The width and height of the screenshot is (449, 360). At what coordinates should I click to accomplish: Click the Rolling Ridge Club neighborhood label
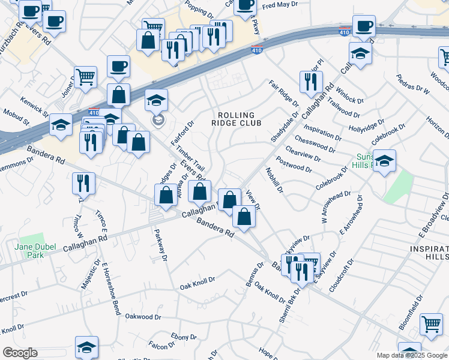(236, 119)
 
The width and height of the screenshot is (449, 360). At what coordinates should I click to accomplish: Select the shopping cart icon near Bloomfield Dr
(431, 325)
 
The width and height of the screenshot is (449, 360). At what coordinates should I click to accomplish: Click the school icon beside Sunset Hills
(384, 161)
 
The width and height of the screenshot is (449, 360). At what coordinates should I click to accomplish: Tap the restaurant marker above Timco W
(84, 182)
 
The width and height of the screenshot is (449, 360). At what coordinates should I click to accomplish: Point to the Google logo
(19, 353)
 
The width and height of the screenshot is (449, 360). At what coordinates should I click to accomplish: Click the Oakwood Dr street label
(143, 316)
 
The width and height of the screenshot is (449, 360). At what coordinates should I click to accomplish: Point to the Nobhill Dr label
(274, 180)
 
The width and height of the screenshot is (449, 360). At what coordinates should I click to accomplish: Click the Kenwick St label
(34, 105)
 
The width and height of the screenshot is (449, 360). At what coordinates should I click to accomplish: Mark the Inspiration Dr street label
(323, 133)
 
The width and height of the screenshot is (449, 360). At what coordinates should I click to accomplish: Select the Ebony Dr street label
(179, 337)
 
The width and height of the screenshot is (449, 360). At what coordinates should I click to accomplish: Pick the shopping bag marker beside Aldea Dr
(165, 194)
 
